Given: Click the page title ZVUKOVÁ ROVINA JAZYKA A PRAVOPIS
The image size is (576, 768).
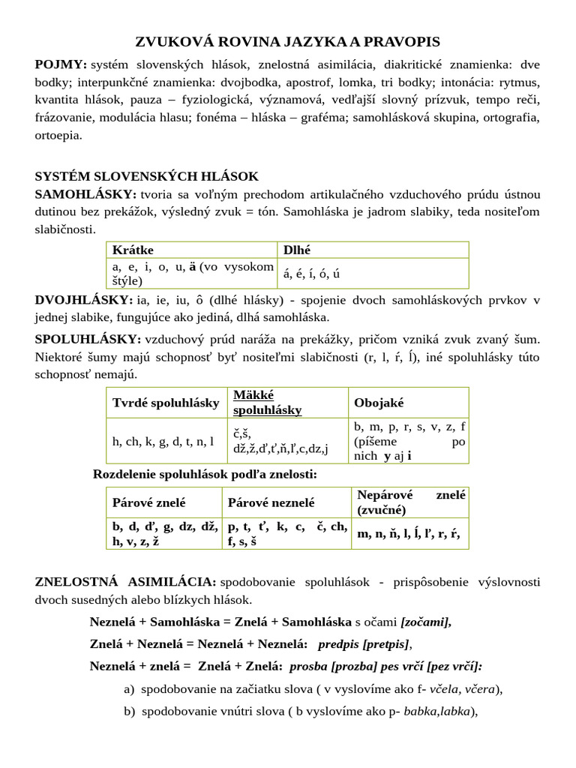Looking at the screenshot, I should coord(287,41).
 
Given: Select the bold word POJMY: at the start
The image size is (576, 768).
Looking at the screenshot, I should coord(61,64).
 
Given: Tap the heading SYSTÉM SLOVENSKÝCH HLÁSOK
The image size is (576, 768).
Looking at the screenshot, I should coord(146,176).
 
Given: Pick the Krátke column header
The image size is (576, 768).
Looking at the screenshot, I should coord(138,250).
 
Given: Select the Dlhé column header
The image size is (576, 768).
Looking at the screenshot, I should coord(297,250).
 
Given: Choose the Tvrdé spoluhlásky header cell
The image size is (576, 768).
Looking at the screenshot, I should coord(166,403).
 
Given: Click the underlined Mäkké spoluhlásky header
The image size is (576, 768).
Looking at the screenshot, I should coord(267,403).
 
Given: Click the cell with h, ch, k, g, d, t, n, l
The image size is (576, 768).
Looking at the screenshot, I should coord(163,442).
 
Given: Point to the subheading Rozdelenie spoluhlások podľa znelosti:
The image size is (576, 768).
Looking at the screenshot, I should coord(205,474).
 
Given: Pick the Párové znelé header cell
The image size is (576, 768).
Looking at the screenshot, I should coord(148,502).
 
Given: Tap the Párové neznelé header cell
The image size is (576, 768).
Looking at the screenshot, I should coord(271,502).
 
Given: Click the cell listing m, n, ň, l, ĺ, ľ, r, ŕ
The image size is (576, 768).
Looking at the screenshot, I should coord(408,534).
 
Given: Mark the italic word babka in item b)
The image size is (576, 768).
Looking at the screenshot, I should coord(419,712).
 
